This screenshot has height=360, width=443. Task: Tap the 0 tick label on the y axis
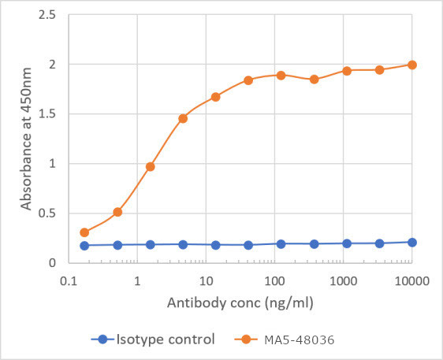(x=50, y=262)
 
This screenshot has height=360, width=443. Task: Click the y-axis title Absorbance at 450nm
(x=26, y=139)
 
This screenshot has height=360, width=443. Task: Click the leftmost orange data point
(x=84, y=232)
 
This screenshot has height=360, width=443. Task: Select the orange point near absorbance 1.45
(x=183, y=118)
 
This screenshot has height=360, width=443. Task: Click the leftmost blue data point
(x=84, y=245)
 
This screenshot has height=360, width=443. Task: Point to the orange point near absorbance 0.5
(x=117, y=212)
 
